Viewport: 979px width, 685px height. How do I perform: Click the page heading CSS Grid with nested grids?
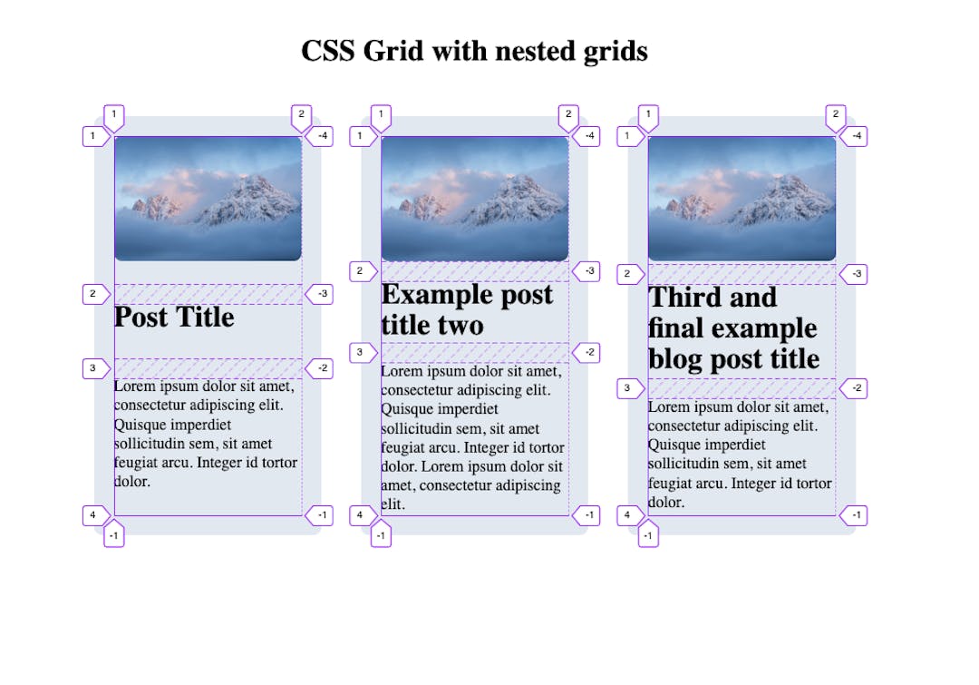pyautogui.click(x=474, y=51)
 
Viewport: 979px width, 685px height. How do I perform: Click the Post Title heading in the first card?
pyautogui.click(x=174, y=317)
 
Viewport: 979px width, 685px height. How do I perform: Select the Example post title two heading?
pyautogui.click(x=467, y=309)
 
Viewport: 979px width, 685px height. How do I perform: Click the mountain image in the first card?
pyautogui.click(x=208, y=199)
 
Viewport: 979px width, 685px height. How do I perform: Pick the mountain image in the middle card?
pyautogui.click(x=474, y=199)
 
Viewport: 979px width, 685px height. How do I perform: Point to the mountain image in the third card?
pyautogui.click(x=742, y=199)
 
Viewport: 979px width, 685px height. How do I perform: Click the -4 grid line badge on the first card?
pyautogui.click(x=322, y=136)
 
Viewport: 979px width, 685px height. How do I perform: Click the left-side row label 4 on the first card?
pyautogui.click(x=92, y=515)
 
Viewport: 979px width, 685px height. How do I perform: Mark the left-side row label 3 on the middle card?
pyautogui.click(x=360, y=352)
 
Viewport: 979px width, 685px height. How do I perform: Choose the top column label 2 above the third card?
pyautogui.click(x=836, y=115)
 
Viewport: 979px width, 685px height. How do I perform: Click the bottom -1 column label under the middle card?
pyautogui.click(x=382, y=536)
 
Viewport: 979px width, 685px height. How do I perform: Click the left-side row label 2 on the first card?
pyautogui.click(x=92, y=294)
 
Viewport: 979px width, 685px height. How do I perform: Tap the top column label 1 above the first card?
pyautogui.click(x=114, y=115)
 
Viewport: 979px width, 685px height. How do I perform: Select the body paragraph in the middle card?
pyautogui.click(x=472, y=437)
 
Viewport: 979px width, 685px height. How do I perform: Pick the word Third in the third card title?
pyautogui.click(x=684, y=298)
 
